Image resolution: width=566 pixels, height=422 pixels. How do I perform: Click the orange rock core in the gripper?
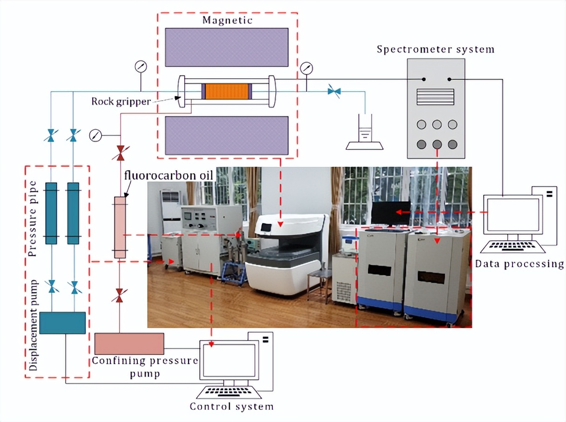pos(227,91)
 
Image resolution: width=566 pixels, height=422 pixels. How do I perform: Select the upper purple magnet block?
pos(227,47)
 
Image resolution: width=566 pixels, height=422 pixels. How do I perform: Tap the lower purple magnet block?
pos(227,136)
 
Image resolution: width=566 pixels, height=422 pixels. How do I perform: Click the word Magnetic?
pos(227,20)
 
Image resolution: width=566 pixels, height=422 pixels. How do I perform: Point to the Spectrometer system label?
pos(436,49)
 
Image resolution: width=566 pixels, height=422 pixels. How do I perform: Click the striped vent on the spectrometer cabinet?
pos(435,97)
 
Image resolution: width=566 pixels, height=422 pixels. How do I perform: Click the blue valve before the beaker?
pos(334,91)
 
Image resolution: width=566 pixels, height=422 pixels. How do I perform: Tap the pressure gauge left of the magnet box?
pos(141,67)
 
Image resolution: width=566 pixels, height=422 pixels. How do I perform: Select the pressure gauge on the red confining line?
pos(95,135)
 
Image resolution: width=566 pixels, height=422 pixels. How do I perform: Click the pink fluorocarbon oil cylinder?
pos(120,227)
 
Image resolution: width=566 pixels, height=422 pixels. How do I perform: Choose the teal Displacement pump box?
pos(62,323)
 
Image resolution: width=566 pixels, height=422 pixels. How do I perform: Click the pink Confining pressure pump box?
pos(129,344)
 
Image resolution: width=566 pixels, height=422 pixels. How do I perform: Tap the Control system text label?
pos(231,407)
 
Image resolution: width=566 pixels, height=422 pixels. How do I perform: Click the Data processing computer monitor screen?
pos(513,215)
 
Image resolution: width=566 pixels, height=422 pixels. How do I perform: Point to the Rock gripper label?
pos(121,102)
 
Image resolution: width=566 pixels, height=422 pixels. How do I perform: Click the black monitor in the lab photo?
pos(391,213)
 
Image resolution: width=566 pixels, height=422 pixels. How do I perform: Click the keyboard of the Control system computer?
pos(229,392)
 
